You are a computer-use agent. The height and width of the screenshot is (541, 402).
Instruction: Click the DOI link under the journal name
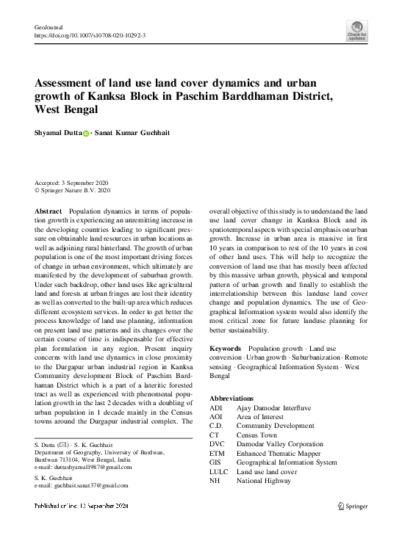[x=90, y=35]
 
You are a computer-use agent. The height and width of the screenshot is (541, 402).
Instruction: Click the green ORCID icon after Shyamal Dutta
[x=85, y=134]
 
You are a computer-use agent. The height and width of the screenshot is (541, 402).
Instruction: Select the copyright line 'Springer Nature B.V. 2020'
[x=76, y=189]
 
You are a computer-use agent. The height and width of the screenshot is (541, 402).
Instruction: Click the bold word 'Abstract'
[x=49, y=211]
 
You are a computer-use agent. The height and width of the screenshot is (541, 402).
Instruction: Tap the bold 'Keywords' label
[x=226, y=348]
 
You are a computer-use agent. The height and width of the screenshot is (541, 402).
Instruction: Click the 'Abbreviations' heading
[x=238, y=397]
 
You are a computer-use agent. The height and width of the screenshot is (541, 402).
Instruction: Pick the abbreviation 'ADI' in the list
[x=216, y=406]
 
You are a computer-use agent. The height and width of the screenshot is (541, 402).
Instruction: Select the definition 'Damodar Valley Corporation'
[x=279, y=444]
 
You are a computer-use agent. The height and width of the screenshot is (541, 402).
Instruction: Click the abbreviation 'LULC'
[x=220, y=472]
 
